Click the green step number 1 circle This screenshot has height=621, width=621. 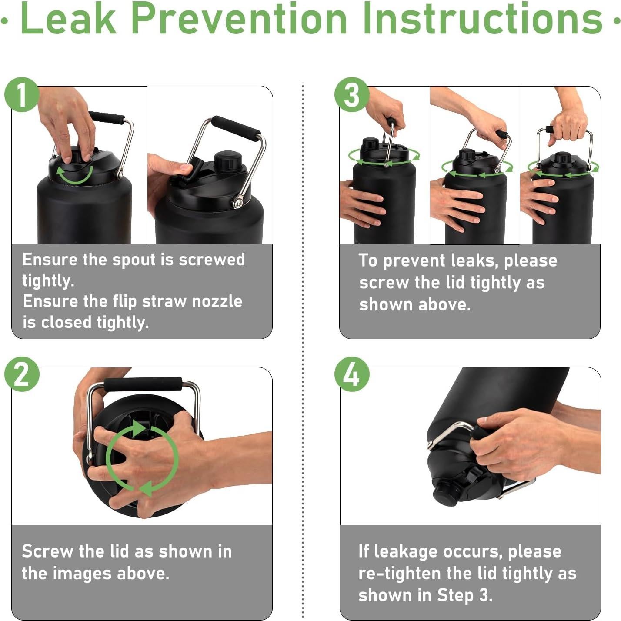pyautogui.click(x=22, y=95)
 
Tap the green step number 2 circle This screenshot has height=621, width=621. pyautogui.click(x=22, y=374)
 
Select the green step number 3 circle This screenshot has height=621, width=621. pyautogui.click(x=351, y=95)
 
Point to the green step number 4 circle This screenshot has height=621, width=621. pyautogui.click(x=351, y=374)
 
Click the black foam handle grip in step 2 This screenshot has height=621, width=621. pyautogui.click(x=143, y=384)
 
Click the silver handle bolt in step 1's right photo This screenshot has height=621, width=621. pyautogui.click(x=238, y=203)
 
